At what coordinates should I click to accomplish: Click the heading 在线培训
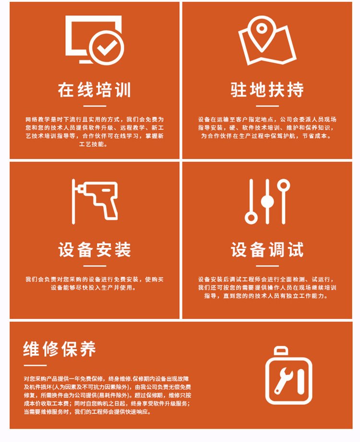95,90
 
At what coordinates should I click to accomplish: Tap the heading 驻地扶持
267,90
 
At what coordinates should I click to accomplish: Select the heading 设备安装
95,249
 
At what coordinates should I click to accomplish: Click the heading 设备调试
267,249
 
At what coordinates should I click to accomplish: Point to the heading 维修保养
60,349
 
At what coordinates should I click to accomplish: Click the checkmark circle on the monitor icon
107,48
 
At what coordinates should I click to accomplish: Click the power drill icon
95,201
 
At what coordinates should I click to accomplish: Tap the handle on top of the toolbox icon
281,351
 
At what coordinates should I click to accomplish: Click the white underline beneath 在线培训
95,106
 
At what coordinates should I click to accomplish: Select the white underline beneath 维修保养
35,366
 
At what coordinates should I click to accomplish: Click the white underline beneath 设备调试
267,266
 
